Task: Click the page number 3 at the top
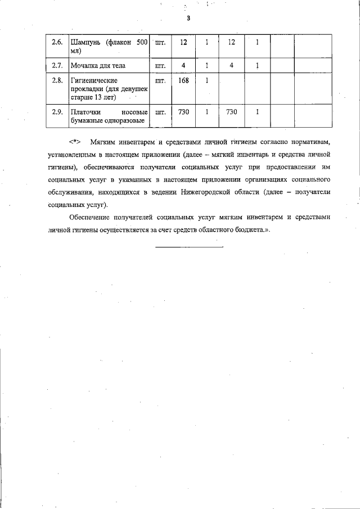(x=188, y=19)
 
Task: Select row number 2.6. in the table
(x=57, y=42)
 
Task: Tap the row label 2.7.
(x=57, y=66)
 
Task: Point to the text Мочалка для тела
(x=97, y=66)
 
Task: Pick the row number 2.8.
(x=57, y=80)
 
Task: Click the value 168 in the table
(x=183, y=80)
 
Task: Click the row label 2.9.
(x=57, y=112)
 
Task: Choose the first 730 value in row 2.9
(x=183, y=112)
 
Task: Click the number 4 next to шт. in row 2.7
(x=183, y=66)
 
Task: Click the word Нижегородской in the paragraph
(x=220, y=192)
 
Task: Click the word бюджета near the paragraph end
(x=253, y=229)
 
